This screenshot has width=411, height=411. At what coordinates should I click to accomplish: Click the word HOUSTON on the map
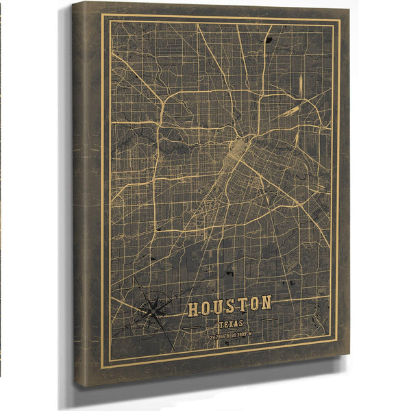click(x=229, y=305)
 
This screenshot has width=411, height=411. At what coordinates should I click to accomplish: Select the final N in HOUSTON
click(x=265, y=301)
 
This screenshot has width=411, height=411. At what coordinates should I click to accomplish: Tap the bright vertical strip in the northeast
click(x=299, y=86)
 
